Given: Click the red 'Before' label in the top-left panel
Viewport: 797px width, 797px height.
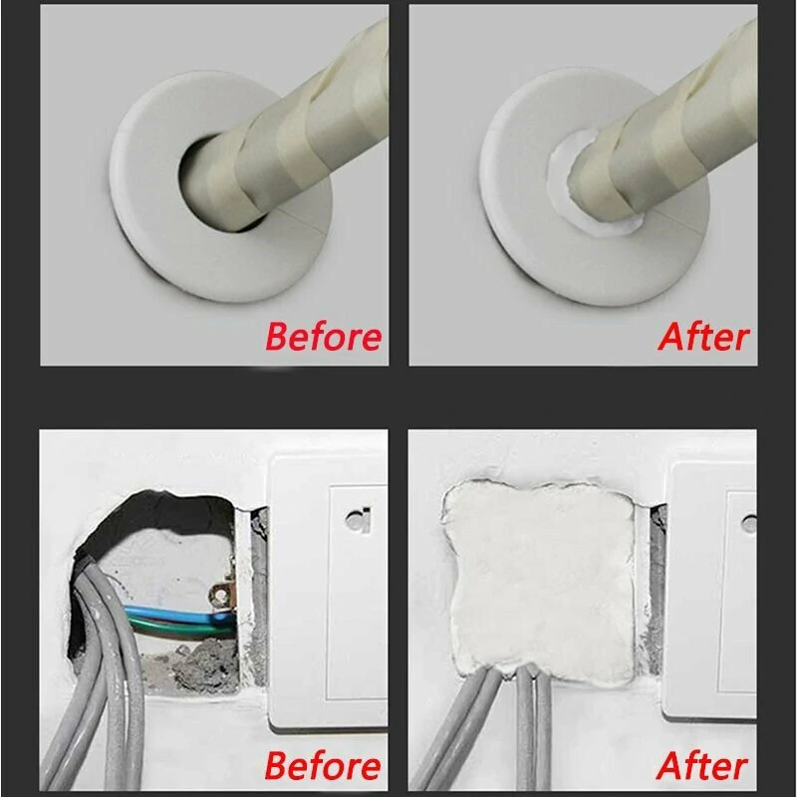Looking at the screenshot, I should [x=323, y=336].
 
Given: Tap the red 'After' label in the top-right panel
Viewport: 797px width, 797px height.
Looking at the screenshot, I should [x=703, y=336].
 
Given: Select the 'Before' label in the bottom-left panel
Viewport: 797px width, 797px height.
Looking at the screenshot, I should [x=323, y=766].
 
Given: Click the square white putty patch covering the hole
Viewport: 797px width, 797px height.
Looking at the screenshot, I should [x=538, y=578].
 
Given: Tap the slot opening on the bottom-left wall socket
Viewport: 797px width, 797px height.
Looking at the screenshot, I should [x=355, y=519].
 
